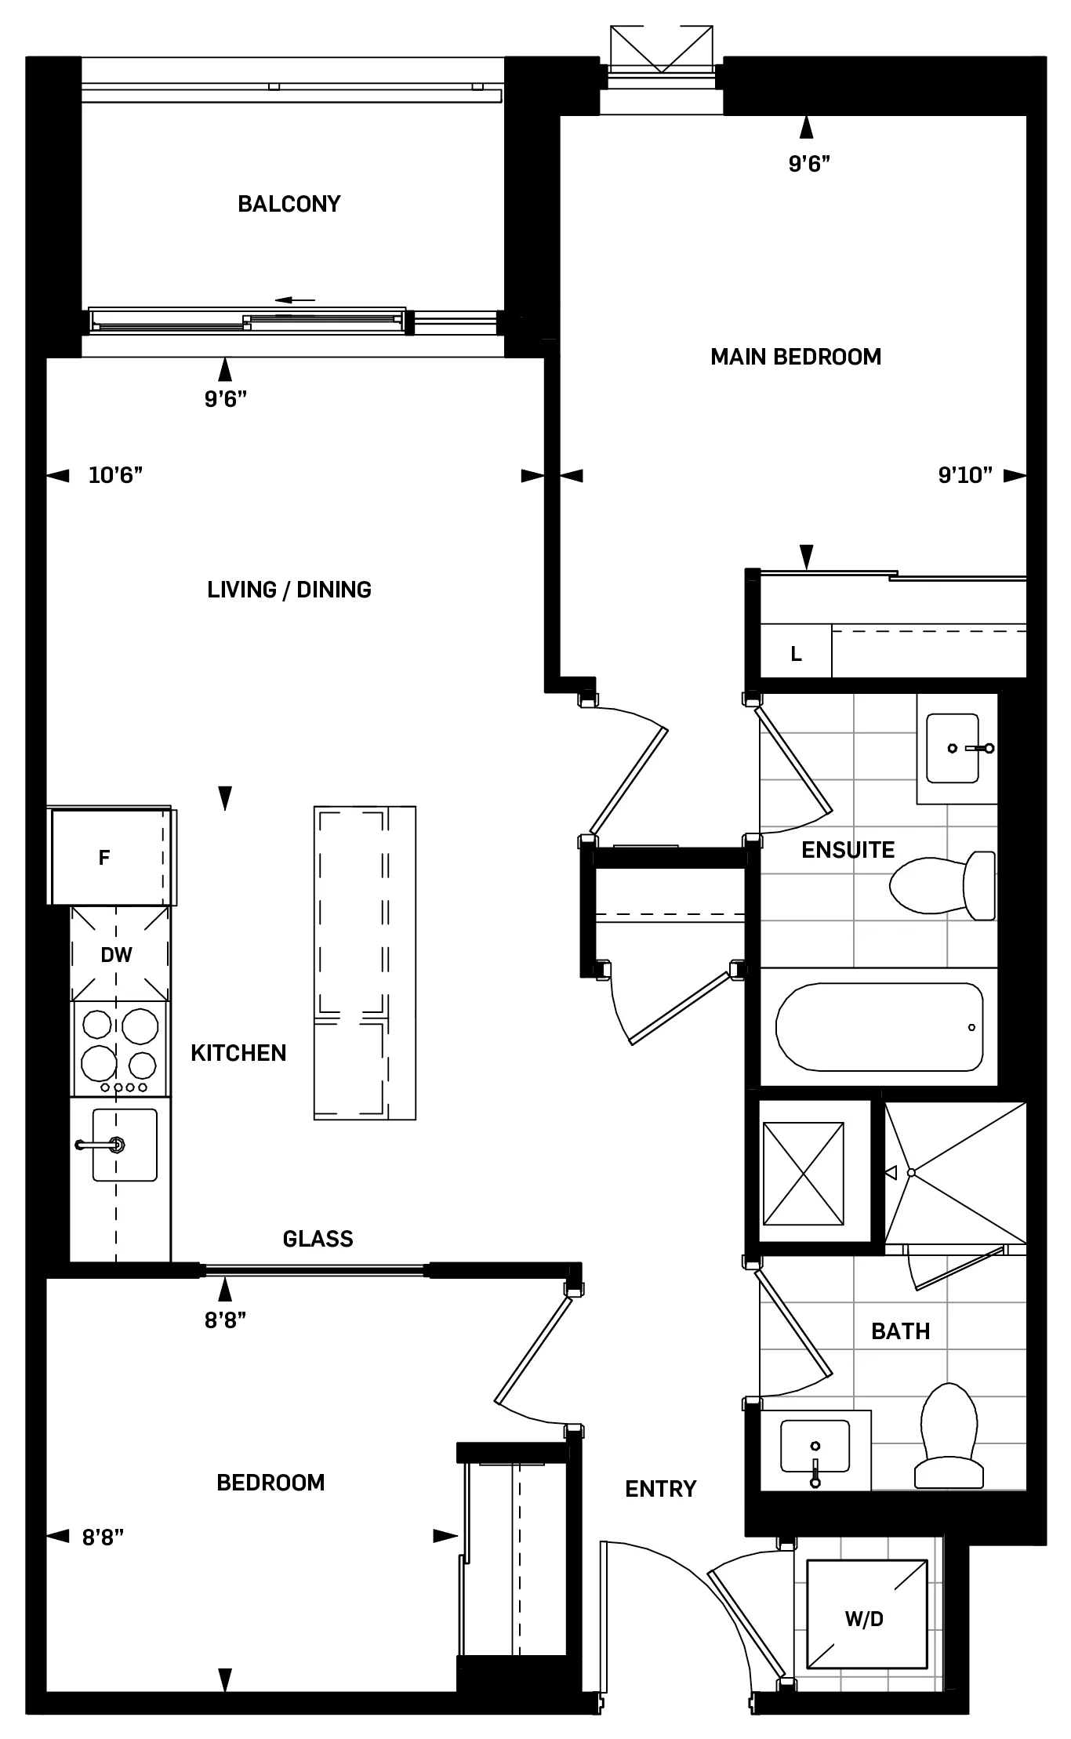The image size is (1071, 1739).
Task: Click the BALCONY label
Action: tap(289, 204)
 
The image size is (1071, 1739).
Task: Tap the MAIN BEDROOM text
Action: tap(795, 357)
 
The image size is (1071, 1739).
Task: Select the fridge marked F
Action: tap(106, 857)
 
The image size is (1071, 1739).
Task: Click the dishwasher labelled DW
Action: tap(117, 954)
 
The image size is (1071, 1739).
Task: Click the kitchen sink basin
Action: tap(125, 1145)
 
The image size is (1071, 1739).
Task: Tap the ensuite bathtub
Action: tap(878, 1026)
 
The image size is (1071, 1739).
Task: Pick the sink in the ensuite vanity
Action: tap(953, 748)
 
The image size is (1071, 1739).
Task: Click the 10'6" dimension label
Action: tap(115, 475)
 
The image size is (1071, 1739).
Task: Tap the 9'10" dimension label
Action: tap(965, 475)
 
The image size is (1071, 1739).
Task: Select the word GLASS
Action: tap(318, 1239)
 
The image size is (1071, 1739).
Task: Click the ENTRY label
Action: tap(660, 1489)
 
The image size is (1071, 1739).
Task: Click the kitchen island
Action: tap(365, 963)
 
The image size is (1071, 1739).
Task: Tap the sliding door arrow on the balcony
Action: tap(295, 300)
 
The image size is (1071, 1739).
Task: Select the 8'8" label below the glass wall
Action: tap(225, 1320)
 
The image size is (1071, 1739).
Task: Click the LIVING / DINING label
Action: tap(289, 590)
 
